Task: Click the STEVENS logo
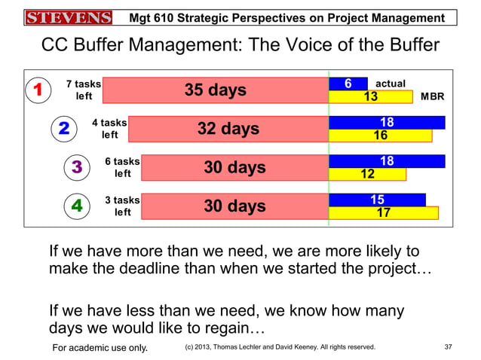pyautogui.click(x=67, y=17)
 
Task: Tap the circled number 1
pyautogui.click(x=35, y=91)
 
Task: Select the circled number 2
pyautogui.click(x=64, y=130)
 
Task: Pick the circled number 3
pyautogui.click(x=77, y=167)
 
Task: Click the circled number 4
pyautogui.click(x=77, y=206)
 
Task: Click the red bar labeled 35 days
pyautogui.click(x=215, y=90)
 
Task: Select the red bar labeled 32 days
pyautogui.click(x=228, y=129)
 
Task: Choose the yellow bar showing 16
pyautogui.click(x=381, y=136)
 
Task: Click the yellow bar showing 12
pyautogui.click(x=368, y=174)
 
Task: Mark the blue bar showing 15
pyautogui.click(x=377, y=200)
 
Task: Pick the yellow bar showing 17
pyautogui.click(x=384, y=213)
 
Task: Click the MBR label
pyautogui.click(x=433, y=97)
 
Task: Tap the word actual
pyautogui.click(x=390, y=84)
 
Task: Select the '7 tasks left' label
pyautogui.click(x=84, y=90)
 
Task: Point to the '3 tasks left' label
pyautogui.click(x=122, y=206)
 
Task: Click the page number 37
pyautogui.click(x=448, y=347)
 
